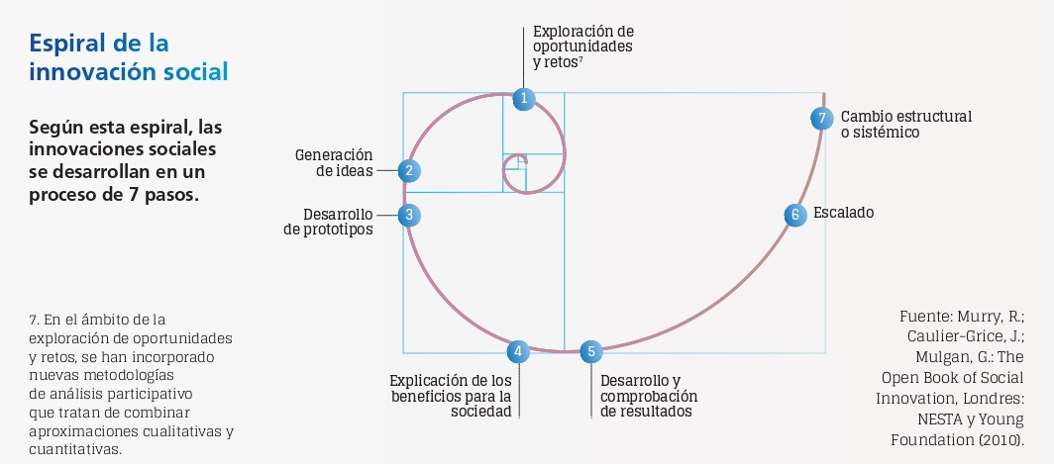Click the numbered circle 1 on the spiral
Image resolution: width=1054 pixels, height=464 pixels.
point(523,98)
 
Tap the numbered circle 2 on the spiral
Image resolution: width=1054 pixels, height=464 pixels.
point(408,170)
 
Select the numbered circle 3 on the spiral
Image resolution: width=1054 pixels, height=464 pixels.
point(408,214)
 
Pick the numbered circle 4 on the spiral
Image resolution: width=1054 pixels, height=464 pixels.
point(517,350)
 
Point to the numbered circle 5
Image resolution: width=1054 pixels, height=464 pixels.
point(590,350)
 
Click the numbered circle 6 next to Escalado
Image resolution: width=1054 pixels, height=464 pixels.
point(793,215)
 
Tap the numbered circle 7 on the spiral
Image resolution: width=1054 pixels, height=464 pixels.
point(821,118)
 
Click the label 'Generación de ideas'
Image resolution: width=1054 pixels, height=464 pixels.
point(334,162)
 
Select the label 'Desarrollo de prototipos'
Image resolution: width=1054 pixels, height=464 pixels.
point(328,222)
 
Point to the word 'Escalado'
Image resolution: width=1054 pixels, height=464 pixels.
point(843,213)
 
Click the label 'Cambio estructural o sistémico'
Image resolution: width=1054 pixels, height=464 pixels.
point(905,124)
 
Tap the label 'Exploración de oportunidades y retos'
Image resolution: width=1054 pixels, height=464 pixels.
point(582,46)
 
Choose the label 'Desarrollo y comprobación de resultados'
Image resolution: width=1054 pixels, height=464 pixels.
point(649,396)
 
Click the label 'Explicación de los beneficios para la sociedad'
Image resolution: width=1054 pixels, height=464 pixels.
point(451,396)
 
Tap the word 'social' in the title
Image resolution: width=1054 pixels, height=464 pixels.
point(196,72)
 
